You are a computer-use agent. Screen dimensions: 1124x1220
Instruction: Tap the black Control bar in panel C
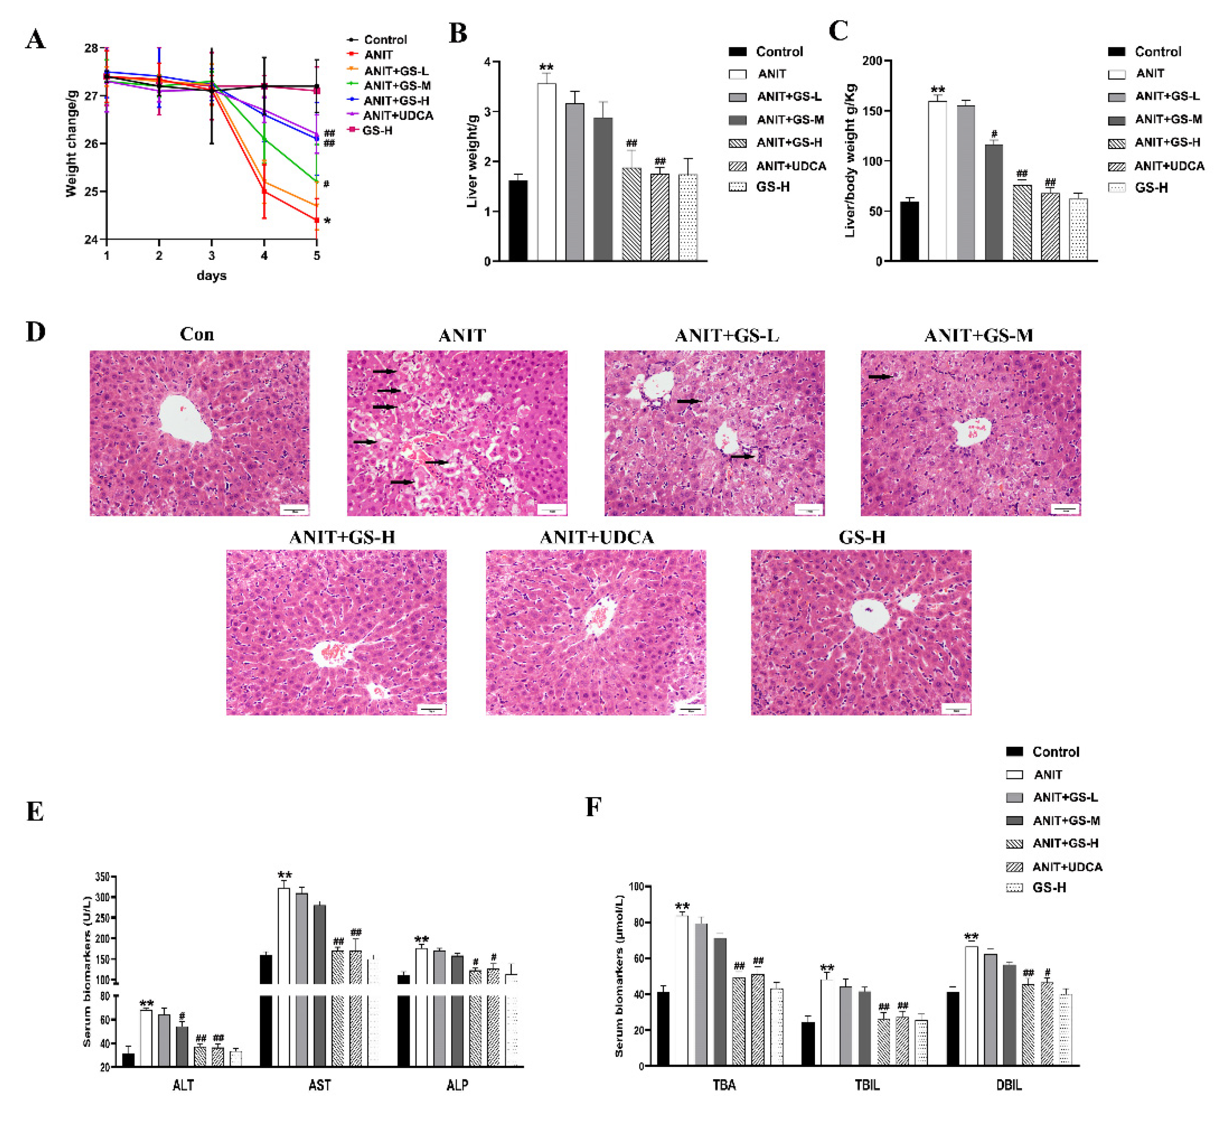(909, 231)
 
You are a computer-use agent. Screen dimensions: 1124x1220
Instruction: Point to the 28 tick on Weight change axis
(91, 48)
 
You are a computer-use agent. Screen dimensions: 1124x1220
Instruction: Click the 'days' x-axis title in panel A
(211, 275)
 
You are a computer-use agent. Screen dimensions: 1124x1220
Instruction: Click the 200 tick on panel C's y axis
(872, 61)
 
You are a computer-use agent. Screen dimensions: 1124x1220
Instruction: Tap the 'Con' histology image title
(196, 335)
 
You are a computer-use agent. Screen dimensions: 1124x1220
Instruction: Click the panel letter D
(35, 332)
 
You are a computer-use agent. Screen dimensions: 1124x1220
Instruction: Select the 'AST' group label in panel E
(320, 1085)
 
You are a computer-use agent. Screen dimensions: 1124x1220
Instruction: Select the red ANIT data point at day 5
(316, 220)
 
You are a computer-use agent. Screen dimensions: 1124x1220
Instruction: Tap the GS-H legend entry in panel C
(1150, 188)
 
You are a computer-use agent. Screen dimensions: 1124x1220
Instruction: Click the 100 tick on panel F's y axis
(636, 886)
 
